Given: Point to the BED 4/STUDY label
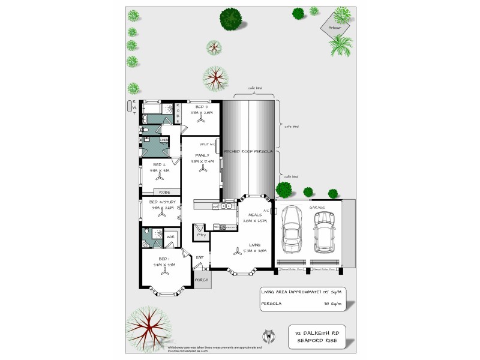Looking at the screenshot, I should [x=162, y=202].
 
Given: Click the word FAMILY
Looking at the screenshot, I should [x=202, y=155].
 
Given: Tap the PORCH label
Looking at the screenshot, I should [x=202, y=280].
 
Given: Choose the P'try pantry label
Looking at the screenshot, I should [x=200, y=235].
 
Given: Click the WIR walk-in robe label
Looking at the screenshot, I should [x=170, y=238].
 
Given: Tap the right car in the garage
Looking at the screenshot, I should [x=325, y=231].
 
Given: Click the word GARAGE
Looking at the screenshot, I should [x=317, y=207].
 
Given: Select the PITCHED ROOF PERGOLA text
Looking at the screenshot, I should [x=248, y=152].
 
